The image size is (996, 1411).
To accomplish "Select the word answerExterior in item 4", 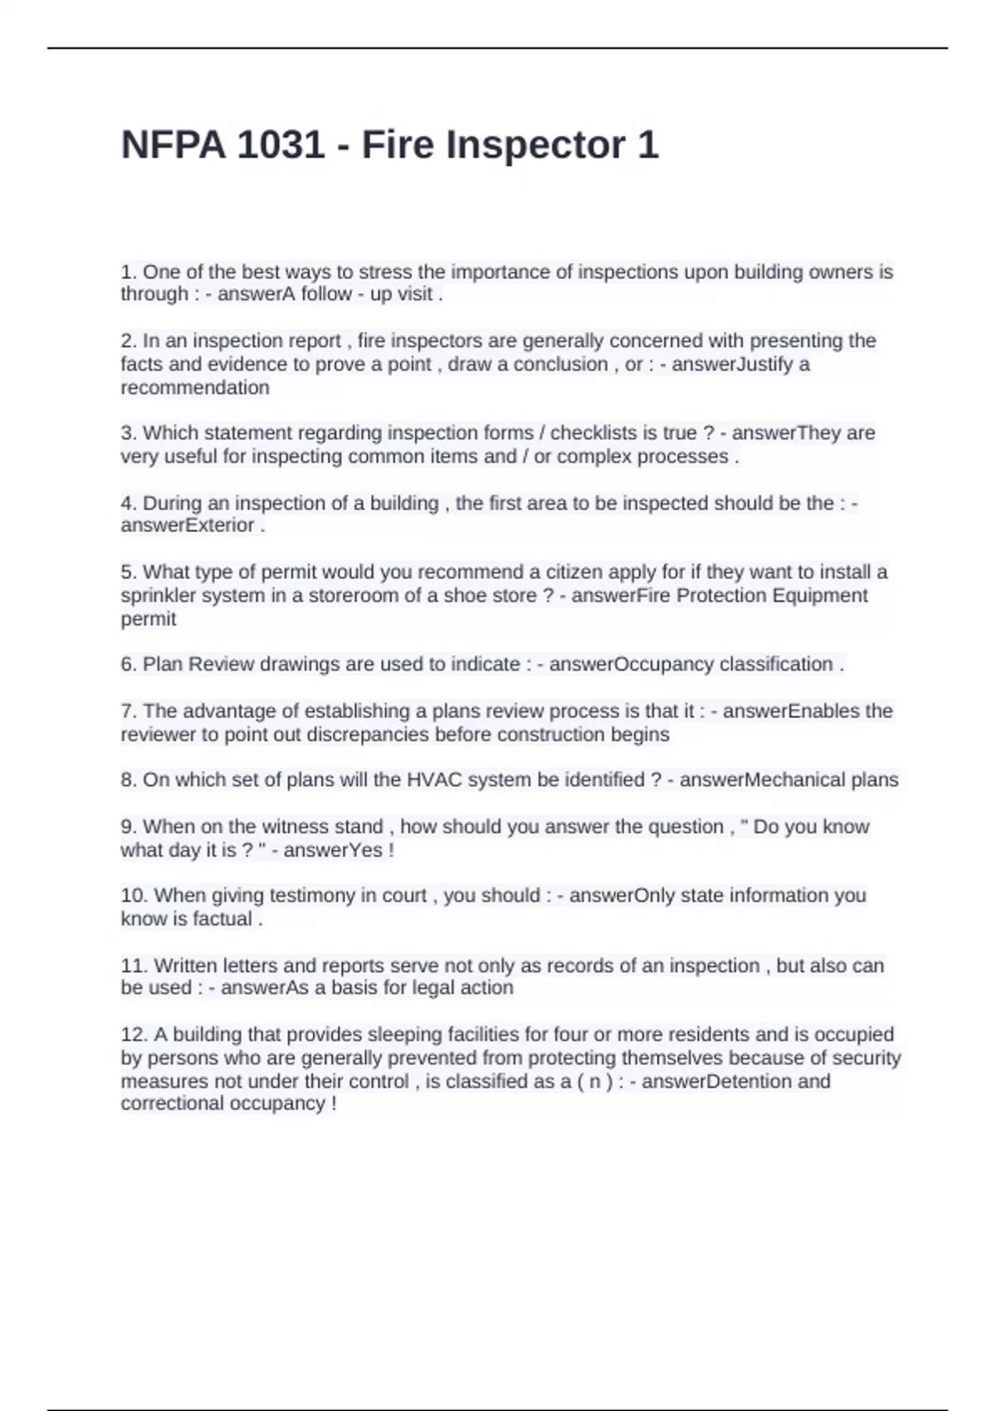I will coord(188,525).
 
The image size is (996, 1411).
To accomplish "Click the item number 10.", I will coord(134,896).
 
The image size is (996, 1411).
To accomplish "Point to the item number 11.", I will coord(134,965).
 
